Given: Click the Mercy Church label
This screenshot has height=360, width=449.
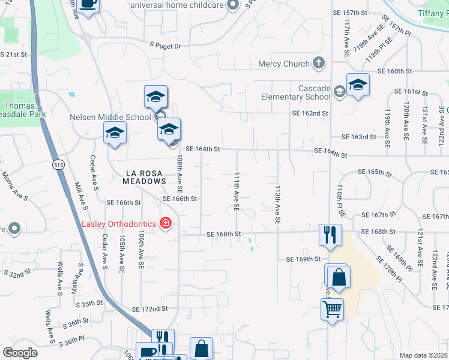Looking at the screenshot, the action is click(x=284, y=64).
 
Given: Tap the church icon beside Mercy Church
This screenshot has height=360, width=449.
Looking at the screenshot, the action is click(x=318, y=63).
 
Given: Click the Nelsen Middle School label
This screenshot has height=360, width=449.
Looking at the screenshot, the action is click(x=110, y=117).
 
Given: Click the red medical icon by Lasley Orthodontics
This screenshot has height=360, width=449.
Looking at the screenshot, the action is click(x=165, y=224).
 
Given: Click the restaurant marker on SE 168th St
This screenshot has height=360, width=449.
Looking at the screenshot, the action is click(x=329, y=235).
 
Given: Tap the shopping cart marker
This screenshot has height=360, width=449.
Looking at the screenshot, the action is click(x=332, y=310).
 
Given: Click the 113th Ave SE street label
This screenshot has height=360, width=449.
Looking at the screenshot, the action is click(x=277, y=204).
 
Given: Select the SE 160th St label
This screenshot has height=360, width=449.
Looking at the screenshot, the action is click(x=395, y=71).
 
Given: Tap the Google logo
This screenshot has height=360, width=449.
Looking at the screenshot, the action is click(x=19, y=353).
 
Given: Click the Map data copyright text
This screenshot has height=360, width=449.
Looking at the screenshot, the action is click(x=424, y=355).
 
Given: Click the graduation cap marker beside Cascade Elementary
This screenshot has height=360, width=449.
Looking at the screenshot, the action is click(x=358, y=85).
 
